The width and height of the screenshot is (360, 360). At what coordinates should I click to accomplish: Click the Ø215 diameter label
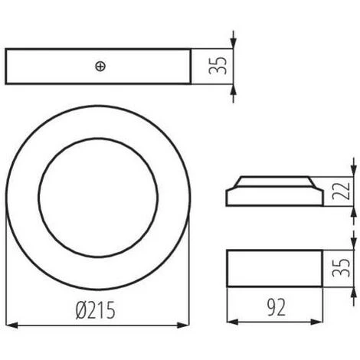(96, 310)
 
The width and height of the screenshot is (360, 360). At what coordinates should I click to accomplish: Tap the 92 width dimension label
(276, 307)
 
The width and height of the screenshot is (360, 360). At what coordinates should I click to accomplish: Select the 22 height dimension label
(341, 191)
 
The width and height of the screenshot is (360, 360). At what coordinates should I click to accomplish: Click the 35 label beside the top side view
(218, 66)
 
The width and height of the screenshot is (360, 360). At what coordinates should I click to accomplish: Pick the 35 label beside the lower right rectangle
(341, 267)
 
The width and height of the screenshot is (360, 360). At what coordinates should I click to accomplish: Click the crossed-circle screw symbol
(100, 67)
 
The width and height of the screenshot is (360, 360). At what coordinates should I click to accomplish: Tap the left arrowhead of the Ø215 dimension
(11, 325)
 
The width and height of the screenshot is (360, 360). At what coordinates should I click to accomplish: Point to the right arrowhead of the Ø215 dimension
(184, 325)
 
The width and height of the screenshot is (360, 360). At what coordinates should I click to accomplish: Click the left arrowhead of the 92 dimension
(233, 322)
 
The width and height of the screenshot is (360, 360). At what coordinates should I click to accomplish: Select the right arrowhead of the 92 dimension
(317, 322)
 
